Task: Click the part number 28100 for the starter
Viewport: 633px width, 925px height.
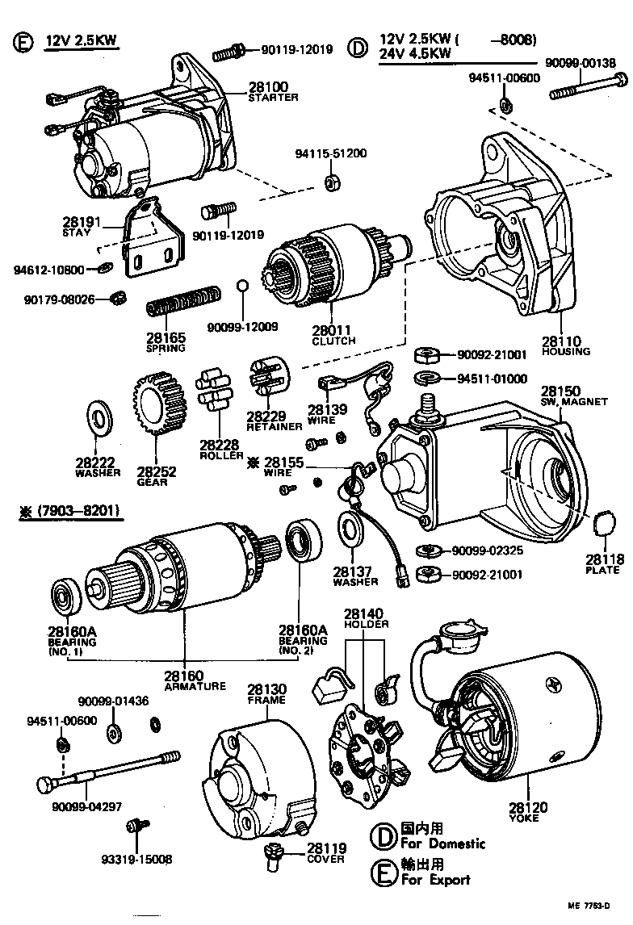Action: point(262,86)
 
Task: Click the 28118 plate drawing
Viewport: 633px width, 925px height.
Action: point(602,522)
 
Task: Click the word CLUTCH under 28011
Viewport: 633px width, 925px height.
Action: point(333,341)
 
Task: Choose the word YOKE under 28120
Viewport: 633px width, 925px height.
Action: point(524,818)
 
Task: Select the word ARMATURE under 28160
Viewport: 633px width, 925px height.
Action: point(195,687)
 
